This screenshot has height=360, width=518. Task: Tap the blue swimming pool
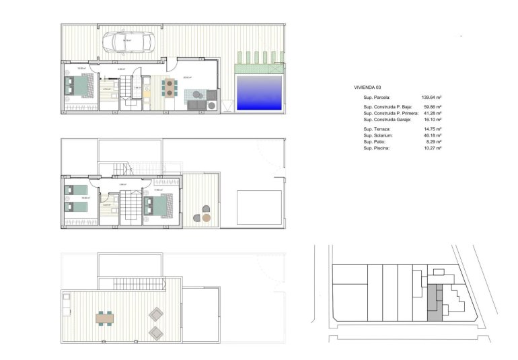pos(259,93)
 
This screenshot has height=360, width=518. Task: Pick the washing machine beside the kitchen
pos(212,105)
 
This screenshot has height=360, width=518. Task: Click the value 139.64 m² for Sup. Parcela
pos(431,97)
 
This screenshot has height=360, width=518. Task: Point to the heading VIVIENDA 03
pos(369,87)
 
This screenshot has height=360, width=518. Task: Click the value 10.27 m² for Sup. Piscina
pos(431,148)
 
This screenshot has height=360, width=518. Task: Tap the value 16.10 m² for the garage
pos(431,119)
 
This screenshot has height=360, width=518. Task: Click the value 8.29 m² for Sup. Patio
pos(433,141)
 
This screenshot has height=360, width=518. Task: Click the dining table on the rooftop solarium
pos(105,317)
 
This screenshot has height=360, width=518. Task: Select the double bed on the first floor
pos(163,203)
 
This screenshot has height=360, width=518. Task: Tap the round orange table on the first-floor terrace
pos(207,218)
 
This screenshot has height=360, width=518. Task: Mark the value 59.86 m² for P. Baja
pos(431,107)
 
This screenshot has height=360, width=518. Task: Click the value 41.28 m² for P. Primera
pos(431,113)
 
